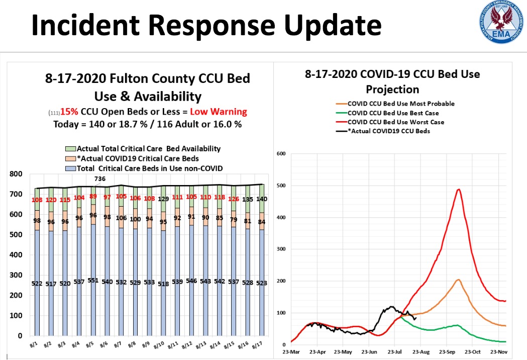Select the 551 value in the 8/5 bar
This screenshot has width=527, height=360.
click(92, 281)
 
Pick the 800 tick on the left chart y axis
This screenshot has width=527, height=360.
click(16, 174)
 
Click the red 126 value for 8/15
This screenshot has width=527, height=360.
click(234, 199)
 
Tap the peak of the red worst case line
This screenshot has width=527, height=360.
click(459, 190)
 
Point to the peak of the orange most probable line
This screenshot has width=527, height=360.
click(459, 280)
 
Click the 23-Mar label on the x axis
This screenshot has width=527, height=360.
click(291, 351)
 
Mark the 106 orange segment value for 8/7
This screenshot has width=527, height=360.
click(121, 218)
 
